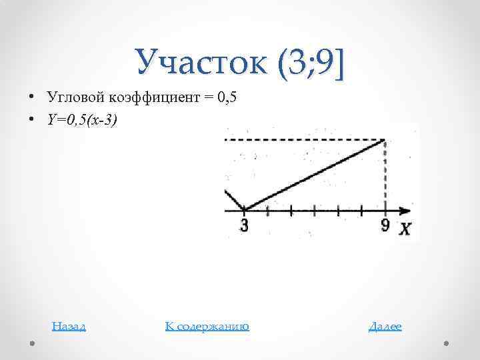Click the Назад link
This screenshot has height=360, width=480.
69,326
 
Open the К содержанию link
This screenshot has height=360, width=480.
207,326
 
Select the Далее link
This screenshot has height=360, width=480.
385,326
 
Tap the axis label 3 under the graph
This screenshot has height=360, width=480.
244,225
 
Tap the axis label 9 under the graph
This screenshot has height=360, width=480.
385,225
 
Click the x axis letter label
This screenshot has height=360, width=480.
405,229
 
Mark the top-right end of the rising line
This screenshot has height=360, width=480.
385,140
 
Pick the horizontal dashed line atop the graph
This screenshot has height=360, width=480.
303,140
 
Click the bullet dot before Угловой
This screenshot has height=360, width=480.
31,97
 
